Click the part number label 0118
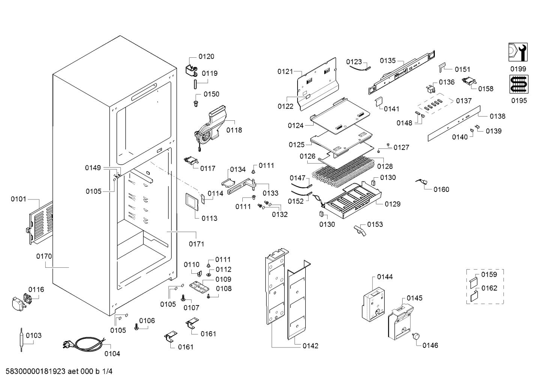[234, 130]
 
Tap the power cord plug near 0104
[68, 343]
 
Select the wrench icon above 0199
[518, 52]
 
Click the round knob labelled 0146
[416, 337]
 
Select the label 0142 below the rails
[310, 346]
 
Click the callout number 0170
[44, 256]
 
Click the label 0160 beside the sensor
[441, 189]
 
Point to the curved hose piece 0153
[359, 230]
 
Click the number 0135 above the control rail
[388, 61]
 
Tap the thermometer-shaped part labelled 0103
[22, 339]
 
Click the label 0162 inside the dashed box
[489, 288]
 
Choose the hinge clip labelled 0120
[192, 70]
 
